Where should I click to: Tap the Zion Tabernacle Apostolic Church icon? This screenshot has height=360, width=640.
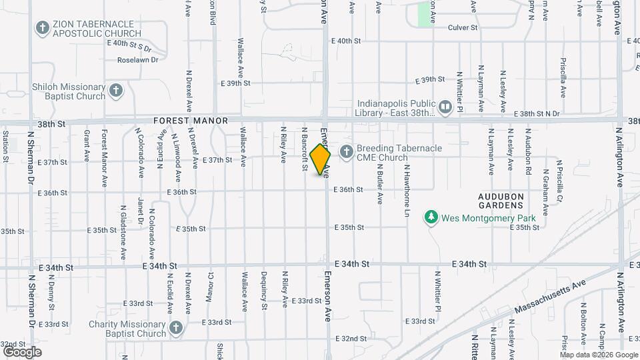click(43, 28)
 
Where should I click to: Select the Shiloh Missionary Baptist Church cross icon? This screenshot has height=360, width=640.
click(117, 91)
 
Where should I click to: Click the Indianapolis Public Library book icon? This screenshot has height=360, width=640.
click(444, 106)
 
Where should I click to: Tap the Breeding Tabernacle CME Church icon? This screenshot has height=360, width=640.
click(346, 152)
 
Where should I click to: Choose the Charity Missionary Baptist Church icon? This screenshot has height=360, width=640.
click(175, 328)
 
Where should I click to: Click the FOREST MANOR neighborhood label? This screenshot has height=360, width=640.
click(191, 121)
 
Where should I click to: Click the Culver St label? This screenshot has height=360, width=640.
click(463, 28)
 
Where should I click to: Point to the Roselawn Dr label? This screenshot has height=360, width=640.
click(137, 59)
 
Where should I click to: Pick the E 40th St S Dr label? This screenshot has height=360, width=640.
click(129, 45)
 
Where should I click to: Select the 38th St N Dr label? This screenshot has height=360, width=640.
click(541, 114)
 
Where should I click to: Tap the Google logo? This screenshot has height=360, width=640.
click(22, 351)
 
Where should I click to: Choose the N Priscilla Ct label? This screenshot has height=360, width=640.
click(560, 181)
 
